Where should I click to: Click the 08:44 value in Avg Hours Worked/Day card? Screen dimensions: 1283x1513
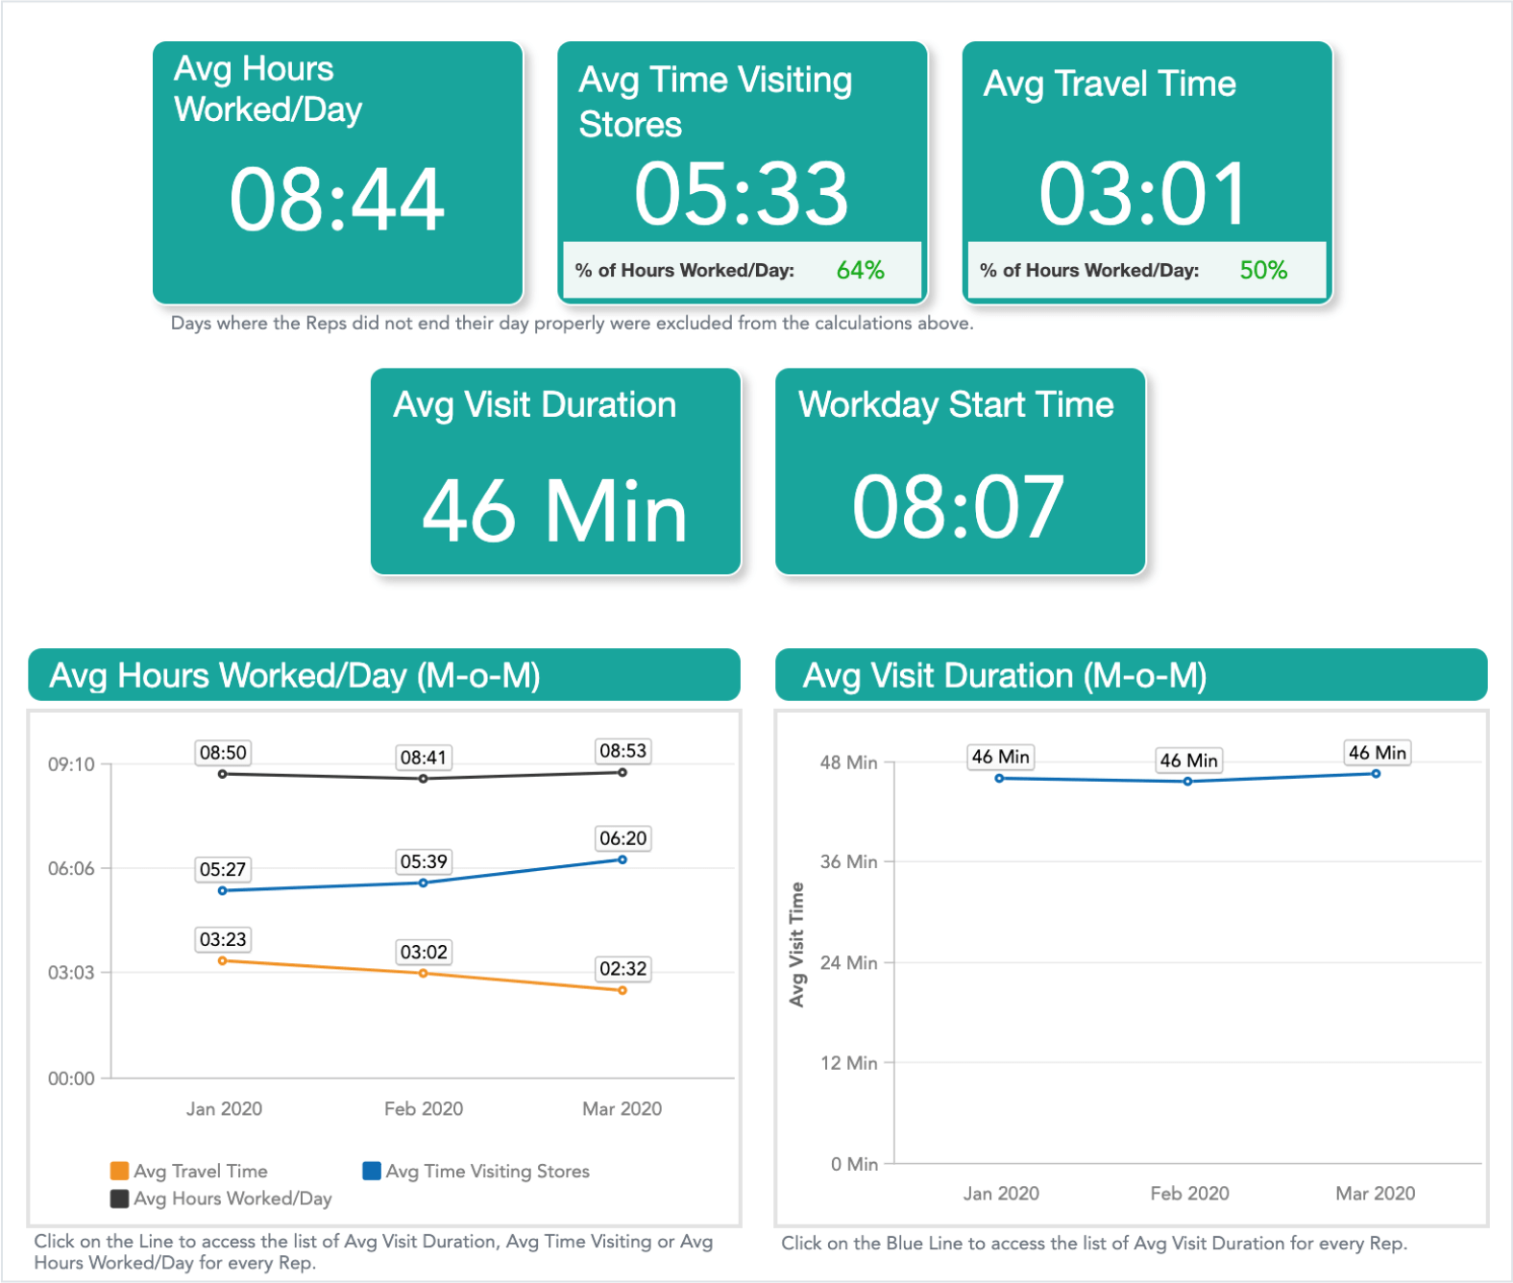(337, 200)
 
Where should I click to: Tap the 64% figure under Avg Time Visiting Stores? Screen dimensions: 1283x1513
(860, 271)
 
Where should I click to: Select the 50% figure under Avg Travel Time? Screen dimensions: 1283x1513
(1263, 271)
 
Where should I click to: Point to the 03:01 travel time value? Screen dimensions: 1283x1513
(1143, 194)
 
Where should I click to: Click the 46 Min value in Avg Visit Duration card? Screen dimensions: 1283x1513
(554, 511)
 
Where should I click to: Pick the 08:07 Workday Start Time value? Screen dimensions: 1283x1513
(958, 507)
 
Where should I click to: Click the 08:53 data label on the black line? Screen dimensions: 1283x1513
(622, 751)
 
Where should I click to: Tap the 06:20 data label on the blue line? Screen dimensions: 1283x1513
(622, 838)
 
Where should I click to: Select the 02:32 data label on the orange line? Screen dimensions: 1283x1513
(622, 969)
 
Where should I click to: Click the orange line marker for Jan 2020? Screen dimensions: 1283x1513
(223, 960)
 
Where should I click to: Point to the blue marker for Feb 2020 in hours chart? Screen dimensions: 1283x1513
(424, 883)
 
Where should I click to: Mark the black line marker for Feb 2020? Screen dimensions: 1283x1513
(424, 779)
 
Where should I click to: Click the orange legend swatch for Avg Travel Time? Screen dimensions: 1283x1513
(120, 1171)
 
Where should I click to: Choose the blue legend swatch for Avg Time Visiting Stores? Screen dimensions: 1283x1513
(372, 1171)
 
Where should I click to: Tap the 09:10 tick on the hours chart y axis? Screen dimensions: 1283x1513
(72, 765)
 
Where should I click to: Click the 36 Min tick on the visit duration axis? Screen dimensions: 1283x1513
(848, 862)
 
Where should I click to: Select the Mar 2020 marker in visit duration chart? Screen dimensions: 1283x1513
(1377, 774)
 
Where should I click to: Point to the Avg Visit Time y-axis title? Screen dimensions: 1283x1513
(796, 945)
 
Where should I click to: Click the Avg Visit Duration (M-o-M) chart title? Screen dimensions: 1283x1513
(1005, 676)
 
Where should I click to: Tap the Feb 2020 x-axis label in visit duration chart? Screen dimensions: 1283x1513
(1189, 1194)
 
